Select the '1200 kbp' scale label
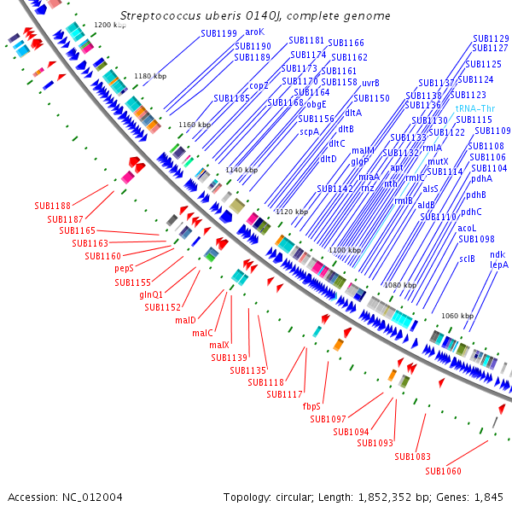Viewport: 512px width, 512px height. [108, 26]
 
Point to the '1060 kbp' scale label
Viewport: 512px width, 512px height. [457, 316]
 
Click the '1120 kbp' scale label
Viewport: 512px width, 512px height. [291, 212]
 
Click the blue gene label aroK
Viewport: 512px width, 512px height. [255, 32]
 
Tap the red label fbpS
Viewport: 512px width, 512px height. [311, 406]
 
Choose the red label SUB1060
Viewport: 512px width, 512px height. [443, 471]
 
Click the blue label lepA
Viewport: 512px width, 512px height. [498, 265]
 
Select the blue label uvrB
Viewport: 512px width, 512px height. [370, 83]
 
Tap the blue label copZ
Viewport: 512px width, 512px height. [259, 85]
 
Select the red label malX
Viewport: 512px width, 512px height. [219, 345]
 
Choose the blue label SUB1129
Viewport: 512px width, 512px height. [491, 38]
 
